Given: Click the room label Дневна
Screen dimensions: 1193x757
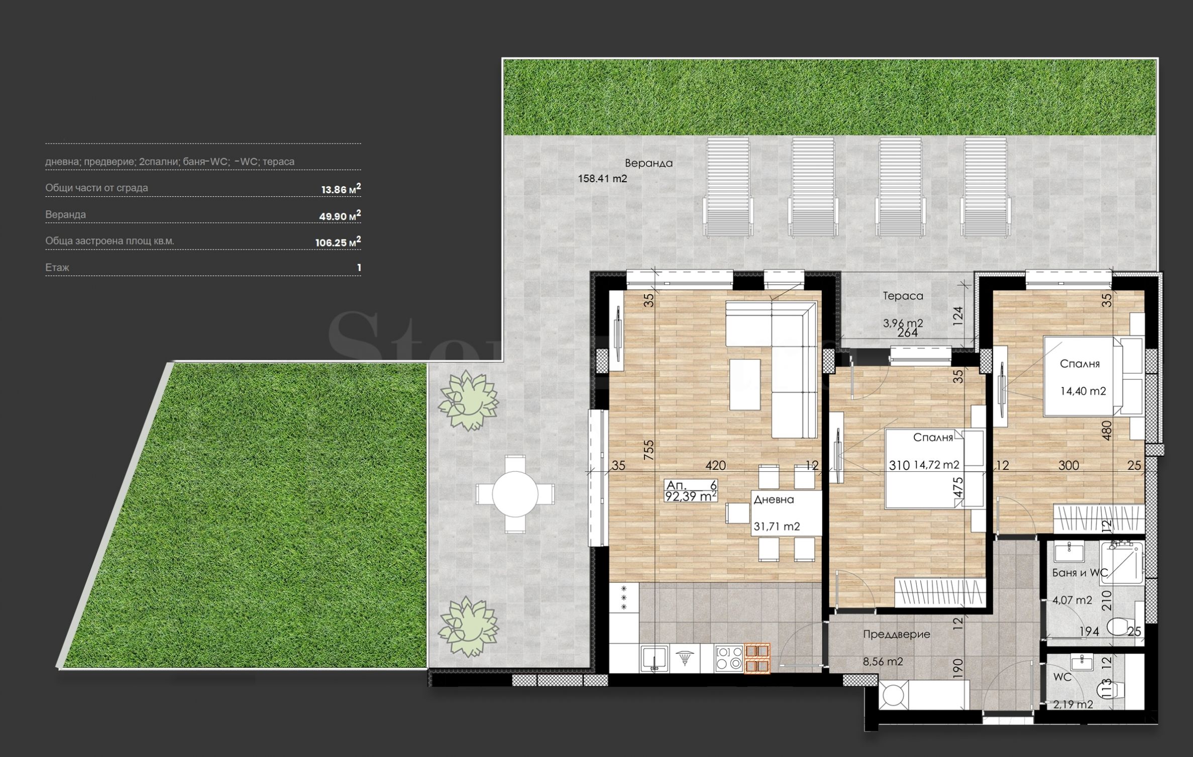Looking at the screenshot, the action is [x=774, y=499].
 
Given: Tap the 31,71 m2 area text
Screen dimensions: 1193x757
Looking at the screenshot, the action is [x=777, y=527].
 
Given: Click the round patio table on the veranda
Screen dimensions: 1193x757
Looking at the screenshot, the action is [x=515, y=494].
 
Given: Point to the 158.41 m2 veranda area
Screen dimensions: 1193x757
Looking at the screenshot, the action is [x=602, y=178].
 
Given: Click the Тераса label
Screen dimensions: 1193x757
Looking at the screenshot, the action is [x=903, y=296].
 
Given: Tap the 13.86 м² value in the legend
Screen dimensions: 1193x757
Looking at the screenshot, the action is [x=341, y=189].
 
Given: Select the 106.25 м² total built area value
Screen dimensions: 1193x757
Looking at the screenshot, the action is [x=338, y=242].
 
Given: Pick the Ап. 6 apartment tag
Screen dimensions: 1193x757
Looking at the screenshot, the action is [x=691, y=485].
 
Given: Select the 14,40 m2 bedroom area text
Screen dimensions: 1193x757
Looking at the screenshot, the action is [x=1083, y=391].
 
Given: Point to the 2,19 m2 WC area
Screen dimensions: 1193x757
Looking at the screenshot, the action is [x=1073, y=704].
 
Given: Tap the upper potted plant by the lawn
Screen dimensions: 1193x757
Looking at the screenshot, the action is [x=468, y=400].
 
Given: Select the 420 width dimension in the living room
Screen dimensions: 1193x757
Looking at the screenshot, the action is [x=715, y=465].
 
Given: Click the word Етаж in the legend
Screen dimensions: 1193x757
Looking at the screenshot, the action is [x=57, y=268].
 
